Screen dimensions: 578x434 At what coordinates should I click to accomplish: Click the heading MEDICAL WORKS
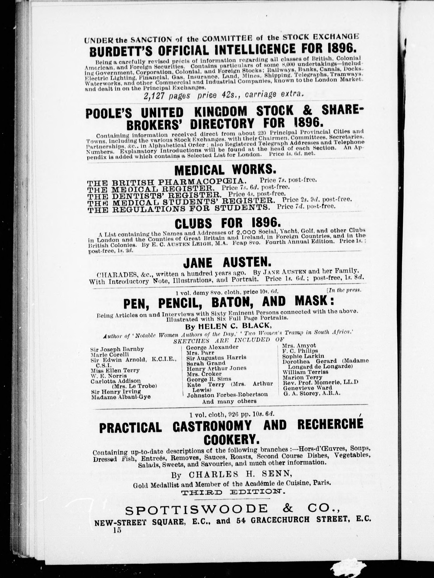coord(225,170)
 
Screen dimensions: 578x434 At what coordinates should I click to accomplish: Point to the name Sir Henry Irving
coord(116,392)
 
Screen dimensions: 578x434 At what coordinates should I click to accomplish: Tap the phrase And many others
coord(229,401)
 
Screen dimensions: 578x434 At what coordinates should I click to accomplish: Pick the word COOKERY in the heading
coord(231,440)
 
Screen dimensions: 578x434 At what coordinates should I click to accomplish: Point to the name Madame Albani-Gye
coord(121,397)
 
